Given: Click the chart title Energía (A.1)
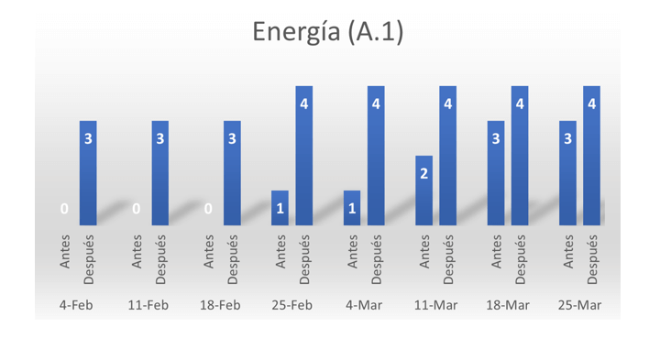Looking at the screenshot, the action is pos(328,32).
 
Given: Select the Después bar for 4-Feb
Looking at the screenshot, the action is pos(88,173).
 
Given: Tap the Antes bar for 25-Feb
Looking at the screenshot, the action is pos(280,208).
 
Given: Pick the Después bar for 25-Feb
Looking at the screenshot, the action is pos(303,156).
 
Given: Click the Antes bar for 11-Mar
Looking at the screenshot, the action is pos(423,191).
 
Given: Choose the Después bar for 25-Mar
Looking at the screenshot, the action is pos(591,156).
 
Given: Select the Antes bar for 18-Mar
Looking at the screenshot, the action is pos(496,173).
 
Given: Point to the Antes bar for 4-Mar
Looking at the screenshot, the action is pos(352,208).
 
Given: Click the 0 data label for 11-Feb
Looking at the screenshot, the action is pos(136,209).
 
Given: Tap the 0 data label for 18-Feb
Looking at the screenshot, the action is pos(208,209).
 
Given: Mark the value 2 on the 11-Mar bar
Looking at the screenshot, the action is pos(423,173).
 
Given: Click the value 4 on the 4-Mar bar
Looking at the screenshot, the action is pos(376,104).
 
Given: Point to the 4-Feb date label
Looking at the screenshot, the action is pos(76,305).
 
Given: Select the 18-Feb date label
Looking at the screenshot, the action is pos(220,305).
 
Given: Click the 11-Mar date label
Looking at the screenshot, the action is pos(435,305).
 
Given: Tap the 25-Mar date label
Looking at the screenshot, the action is pos(579,305).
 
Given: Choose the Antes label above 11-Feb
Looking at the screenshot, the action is pos(137,251).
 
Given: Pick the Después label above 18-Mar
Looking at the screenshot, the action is pos(520,259).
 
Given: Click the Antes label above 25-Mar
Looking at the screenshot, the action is pos(567,251).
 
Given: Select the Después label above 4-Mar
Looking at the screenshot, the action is pos(376,259).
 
